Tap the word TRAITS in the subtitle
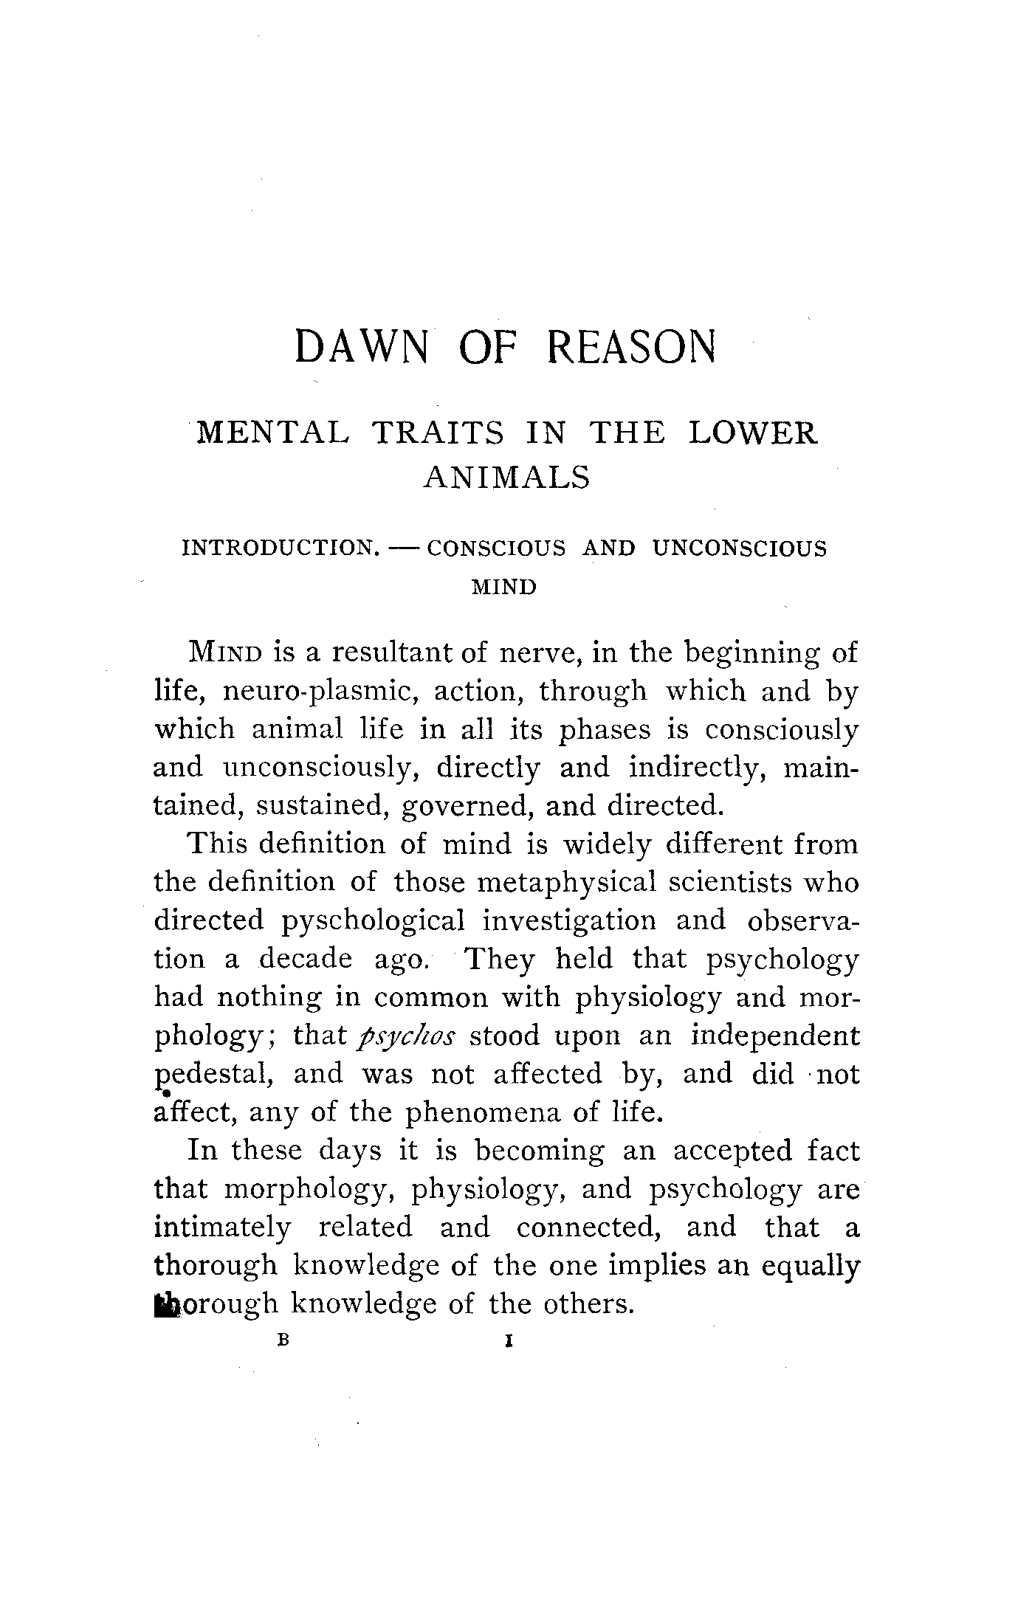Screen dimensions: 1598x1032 pyautogui.click(x=439, y=433)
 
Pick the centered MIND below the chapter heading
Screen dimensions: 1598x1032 pyautogui.click(x=503, y=588)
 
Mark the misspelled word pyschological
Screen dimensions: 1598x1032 pyautogui.click(x=374, y=921)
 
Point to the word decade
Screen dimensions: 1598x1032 pyautogui.click(x=306, y=960)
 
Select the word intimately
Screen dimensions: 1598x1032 pyautogui.click(x=222, y=1227)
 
